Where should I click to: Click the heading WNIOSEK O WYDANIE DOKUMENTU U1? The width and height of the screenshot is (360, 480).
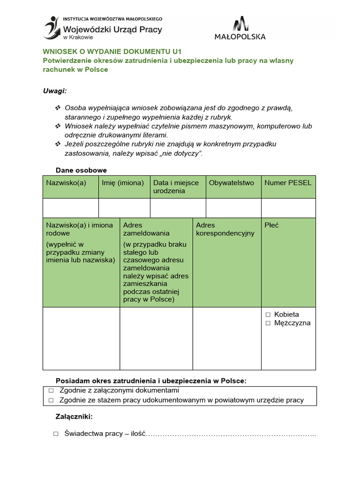coord(112,52)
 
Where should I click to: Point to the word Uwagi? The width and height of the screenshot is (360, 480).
coord(55,90)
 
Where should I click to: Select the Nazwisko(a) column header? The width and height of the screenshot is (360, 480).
coord(66,183)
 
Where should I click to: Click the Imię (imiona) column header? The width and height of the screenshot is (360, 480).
coord(123,183)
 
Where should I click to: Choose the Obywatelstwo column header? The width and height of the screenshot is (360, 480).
coord(232,183)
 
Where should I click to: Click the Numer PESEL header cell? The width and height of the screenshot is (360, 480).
coord(288,183)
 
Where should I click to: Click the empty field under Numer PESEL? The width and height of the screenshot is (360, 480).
coord(288,208)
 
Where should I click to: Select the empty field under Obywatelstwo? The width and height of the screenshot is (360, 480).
coord(233,208)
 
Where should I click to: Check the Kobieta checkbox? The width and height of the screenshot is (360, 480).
coord(268,315)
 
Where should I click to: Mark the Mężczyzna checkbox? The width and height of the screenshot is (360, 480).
coord(268,323)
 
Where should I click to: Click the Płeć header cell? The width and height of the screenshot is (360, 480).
coord(271,225)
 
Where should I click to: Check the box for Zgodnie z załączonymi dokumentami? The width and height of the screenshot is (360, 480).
coord(51,390)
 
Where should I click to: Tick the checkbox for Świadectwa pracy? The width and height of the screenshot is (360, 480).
coord(56,434)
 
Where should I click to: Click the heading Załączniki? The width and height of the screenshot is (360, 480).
coord(74,416)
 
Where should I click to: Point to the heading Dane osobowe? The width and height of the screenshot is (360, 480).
coord(82,170)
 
